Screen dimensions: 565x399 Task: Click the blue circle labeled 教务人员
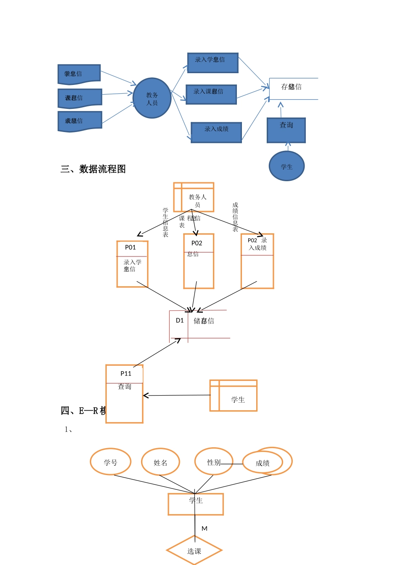[x=152, y=98]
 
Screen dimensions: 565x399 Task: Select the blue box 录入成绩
[x=216, y=132]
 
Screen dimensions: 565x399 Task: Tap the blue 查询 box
[x=286, y=130]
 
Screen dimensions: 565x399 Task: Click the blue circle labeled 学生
[x=286, y=166]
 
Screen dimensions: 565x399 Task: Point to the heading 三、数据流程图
[x=93, y=169]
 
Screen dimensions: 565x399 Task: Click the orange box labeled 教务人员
[x=194, y=197]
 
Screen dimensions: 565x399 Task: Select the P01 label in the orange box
[x=131, y=248]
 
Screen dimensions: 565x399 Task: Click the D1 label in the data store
[x=180, y=320]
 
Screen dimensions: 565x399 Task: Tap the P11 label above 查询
[x=126, y=374]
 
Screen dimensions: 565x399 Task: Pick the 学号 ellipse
[x=110, y=462]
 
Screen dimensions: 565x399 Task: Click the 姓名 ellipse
[x=160, y=462]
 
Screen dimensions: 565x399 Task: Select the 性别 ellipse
[x=213, y=462]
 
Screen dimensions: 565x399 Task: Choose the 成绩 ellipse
[x=263, y=463]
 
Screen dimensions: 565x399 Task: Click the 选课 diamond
[x=194, y=551]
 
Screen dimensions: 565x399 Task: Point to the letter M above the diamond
[x=205, y=529]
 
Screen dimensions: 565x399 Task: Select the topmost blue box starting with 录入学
[x=213, y=63]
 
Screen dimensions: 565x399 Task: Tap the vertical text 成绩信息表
[x=235, y=217]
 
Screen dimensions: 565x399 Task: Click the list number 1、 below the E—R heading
[x=69, y=429]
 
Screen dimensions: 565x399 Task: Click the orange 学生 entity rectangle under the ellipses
[x=196, y=504]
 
